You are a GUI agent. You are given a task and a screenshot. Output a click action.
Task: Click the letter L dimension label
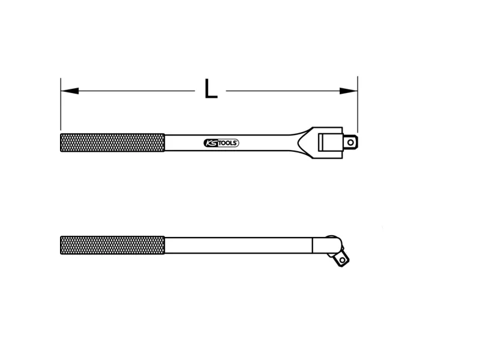(x=211, y=89)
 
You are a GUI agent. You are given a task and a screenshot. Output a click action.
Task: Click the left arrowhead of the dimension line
(x=70, y=91)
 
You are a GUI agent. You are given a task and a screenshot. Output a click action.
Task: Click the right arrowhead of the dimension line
(x=349, y=91)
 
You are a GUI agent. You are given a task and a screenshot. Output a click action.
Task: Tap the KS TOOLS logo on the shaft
(x=221, y=143)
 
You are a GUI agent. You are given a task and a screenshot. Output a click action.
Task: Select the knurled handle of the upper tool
(x=112, y=143)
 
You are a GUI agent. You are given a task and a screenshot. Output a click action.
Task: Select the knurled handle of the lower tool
(x=112, y=245)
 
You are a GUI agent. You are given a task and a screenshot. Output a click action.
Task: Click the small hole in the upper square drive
(x=350, y=143)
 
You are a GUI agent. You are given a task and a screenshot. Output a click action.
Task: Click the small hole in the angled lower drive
(x=343, y=260)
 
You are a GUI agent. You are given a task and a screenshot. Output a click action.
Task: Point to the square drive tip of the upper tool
(x=350, y=143)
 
